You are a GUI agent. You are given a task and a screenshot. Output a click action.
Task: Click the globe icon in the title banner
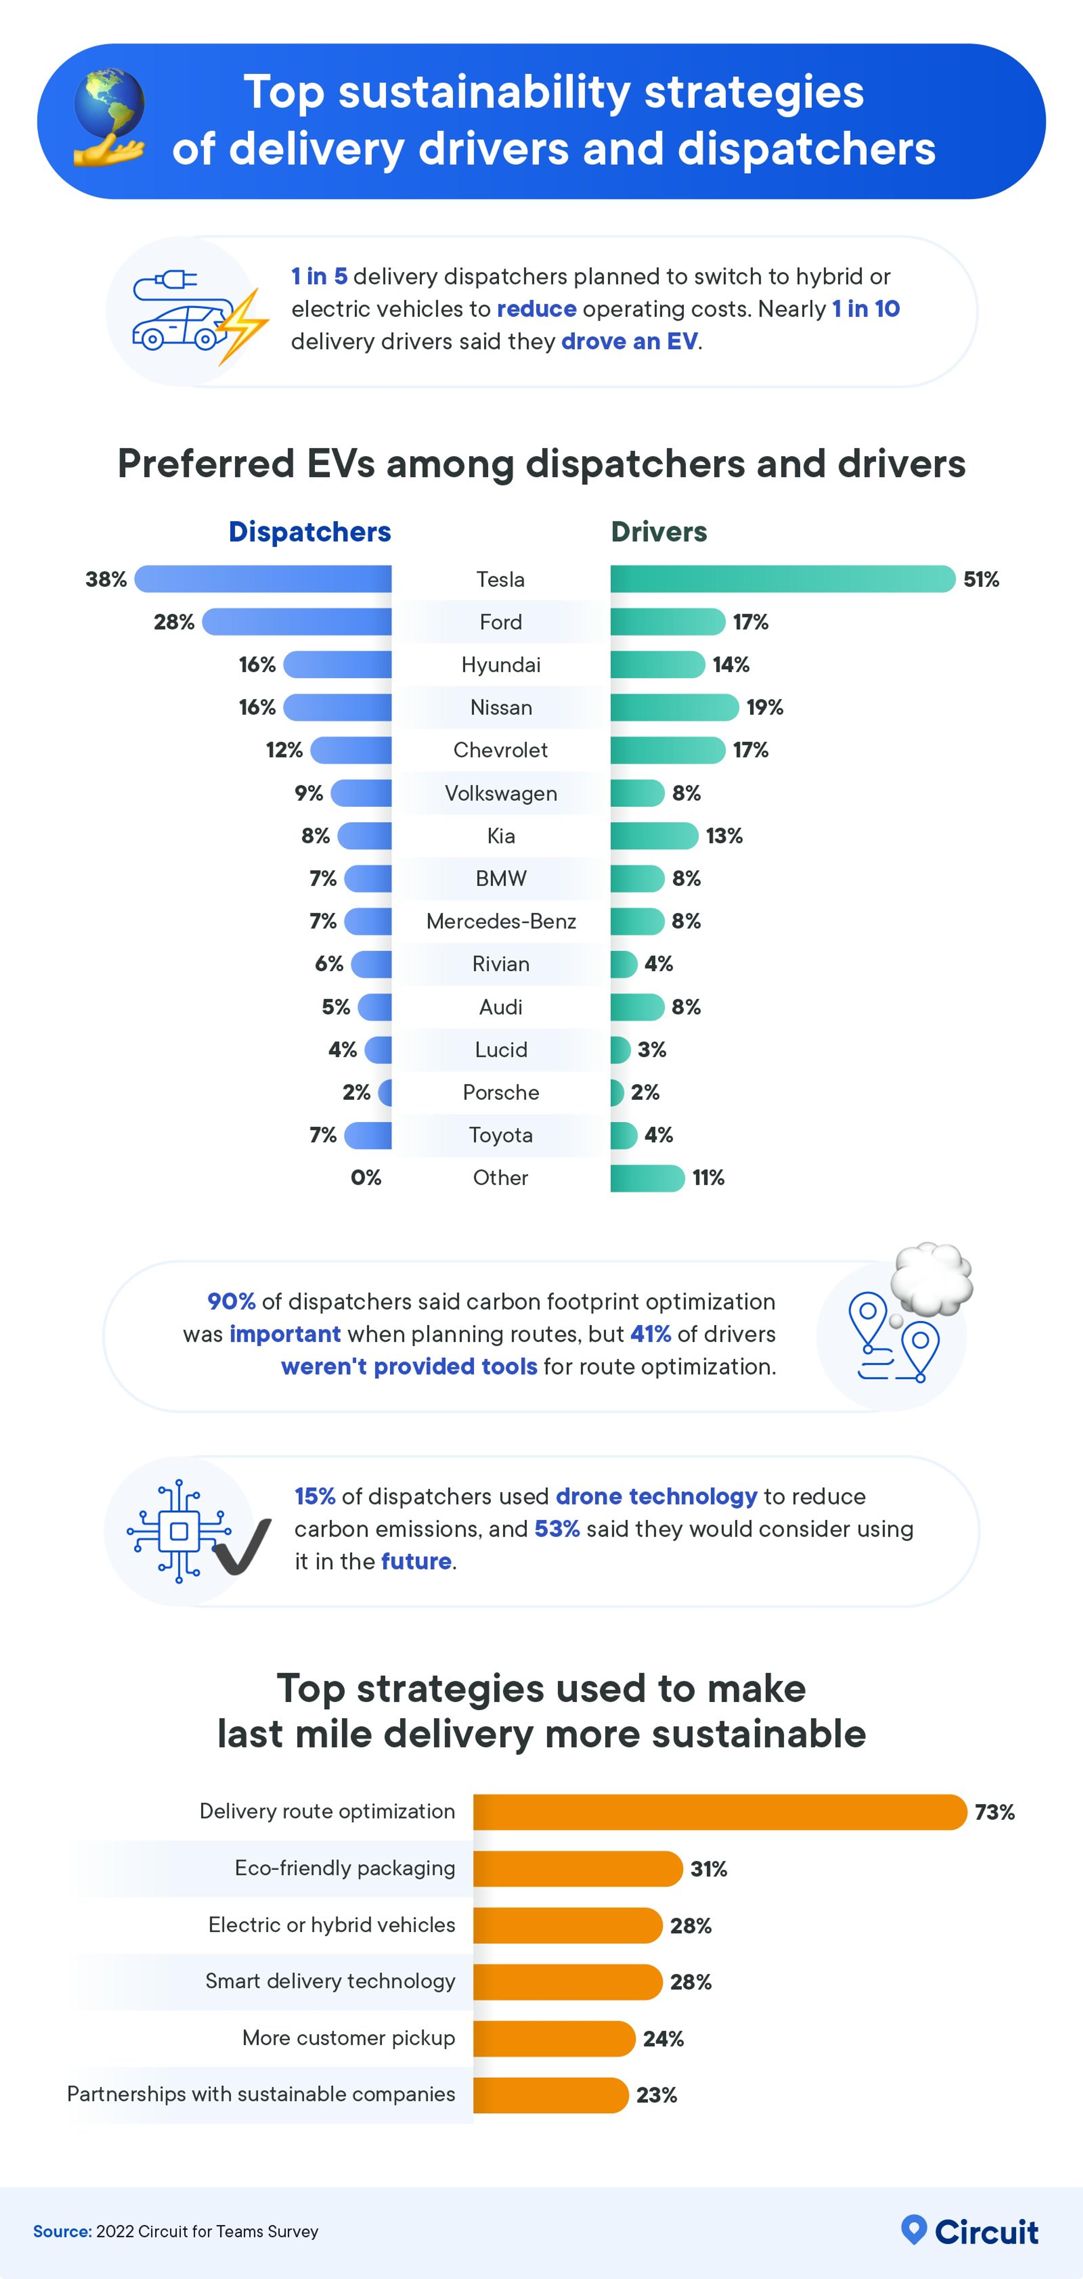(109, 104)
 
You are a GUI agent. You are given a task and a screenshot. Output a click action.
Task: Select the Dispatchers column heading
(310, 532)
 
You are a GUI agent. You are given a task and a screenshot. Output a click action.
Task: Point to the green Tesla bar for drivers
(782, 579)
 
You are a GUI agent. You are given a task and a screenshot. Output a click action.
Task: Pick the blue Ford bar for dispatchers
(297, 622)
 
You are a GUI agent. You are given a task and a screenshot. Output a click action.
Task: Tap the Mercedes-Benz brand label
(501, 921)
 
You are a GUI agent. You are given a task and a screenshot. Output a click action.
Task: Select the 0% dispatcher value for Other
(366, 1177)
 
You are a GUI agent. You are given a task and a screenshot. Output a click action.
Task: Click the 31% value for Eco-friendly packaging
(709, 1868)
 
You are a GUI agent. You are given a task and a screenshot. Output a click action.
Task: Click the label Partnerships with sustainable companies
(261, 2094)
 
